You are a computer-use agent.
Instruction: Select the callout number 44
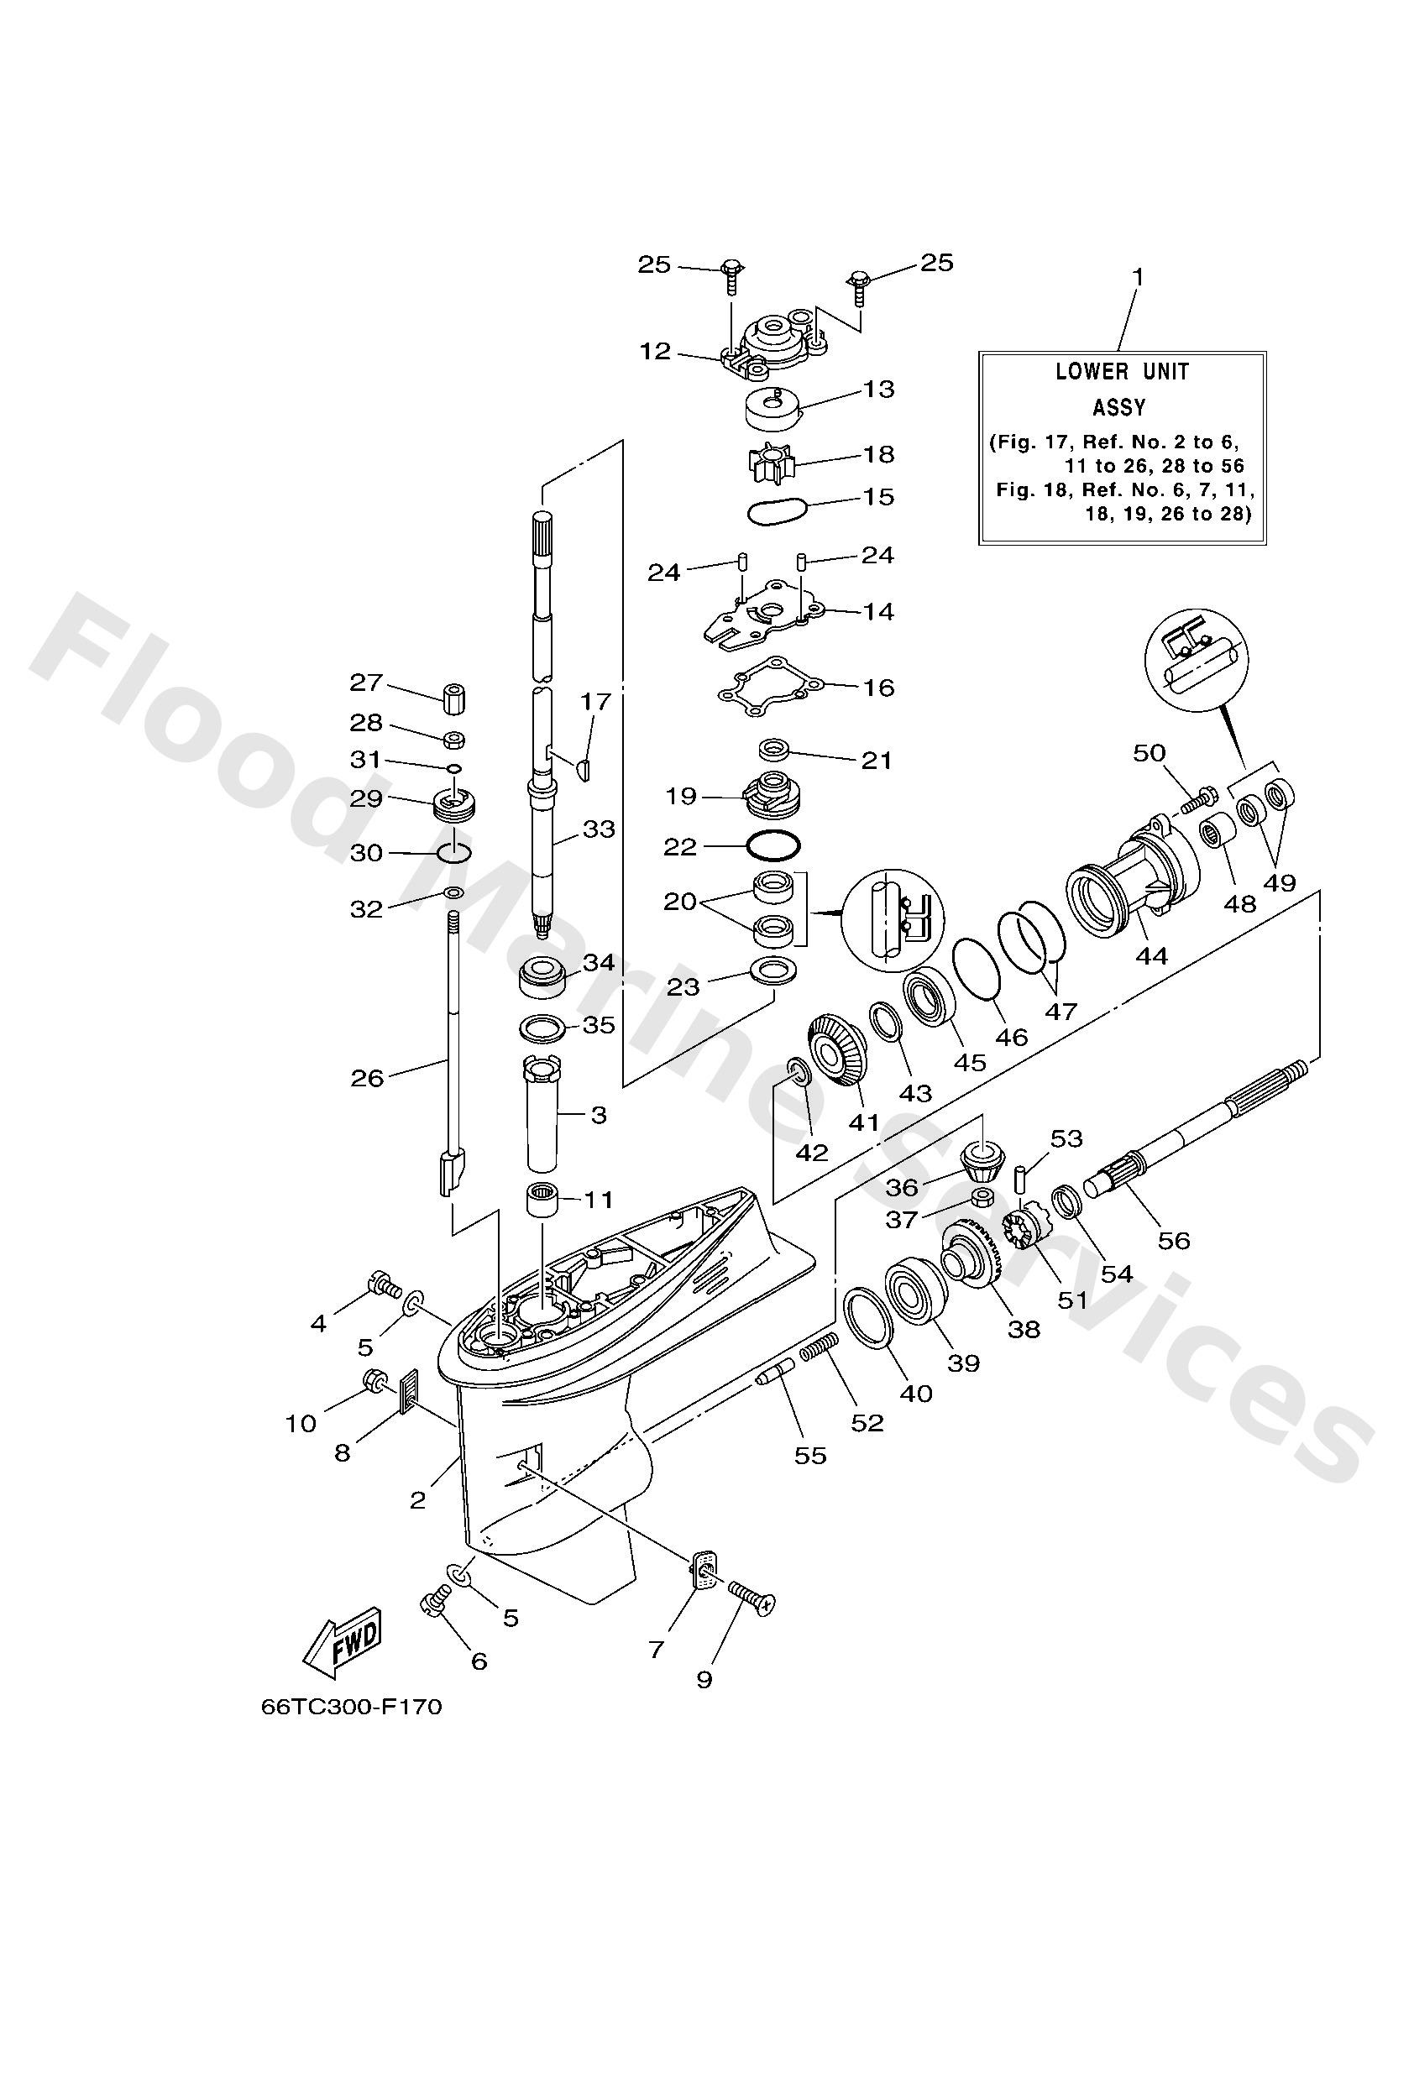click(1151, 956)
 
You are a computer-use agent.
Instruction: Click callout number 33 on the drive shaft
click(599, 829)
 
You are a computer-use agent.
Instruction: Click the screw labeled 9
click(751, 1597)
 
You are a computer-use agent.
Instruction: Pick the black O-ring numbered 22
click(773, 845)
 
